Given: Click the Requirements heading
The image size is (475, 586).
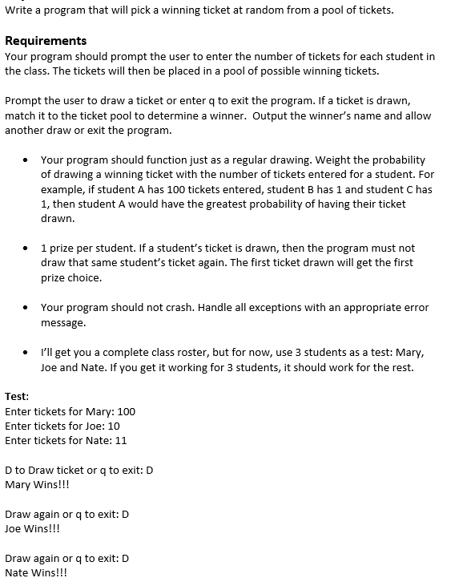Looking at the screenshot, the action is point(46,41).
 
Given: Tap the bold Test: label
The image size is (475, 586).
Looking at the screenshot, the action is point(17,396).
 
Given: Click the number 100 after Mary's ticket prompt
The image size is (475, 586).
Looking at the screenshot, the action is point(126,411).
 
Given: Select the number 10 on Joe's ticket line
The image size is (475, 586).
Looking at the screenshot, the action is point(113,426).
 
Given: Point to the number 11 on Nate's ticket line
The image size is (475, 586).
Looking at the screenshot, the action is point(120,440).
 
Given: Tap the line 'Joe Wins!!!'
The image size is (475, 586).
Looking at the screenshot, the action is point(32,528).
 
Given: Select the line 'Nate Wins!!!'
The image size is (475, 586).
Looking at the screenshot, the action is point(36,572).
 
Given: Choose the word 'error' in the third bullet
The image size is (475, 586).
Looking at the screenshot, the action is point(416,307).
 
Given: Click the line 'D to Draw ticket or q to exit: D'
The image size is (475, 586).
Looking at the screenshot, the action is point(78,470).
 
